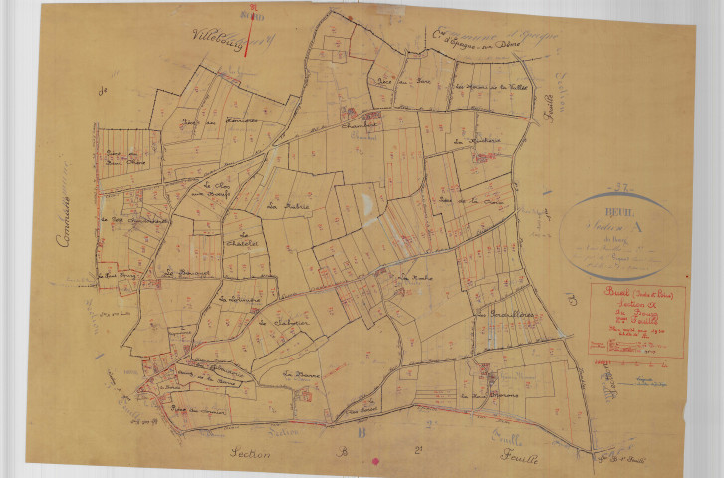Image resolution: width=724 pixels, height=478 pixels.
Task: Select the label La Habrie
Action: click(290, 207)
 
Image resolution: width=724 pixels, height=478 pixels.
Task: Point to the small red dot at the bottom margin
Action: click(375, 462)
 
